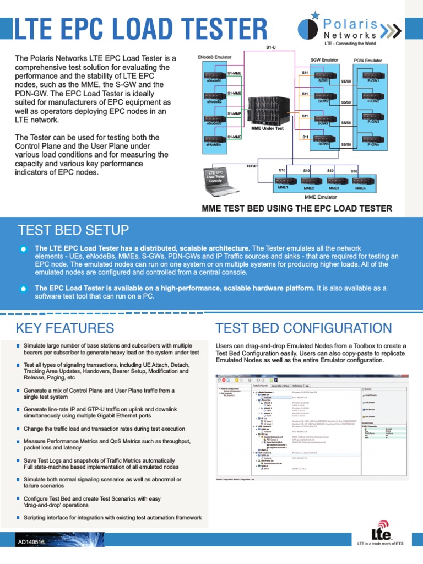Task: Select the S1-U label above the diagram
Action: pyautogui.click(x=271, y=48)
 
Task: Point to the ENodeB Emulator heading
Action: pyautogui.click(x=214, y=57)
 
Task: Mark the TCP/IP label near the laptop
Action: pyautogui.click(x=252, y=166)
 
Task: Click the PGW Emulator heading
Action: pyautogui.click(x=368, y=60)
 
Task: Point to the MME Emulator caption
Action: pyautogui.click(x=321, y=197)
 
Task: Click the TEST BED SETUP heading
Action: pyautogui.click(x=73, y=230)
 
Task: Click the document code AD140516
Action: pyautogui.click(x=31, y=543)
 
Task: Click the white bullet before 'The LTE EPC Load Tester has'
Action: pyautogui.click(x=23, y=250)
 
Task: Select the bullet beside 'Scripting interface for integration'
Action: pyautogui.click(x=18, y=518)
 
